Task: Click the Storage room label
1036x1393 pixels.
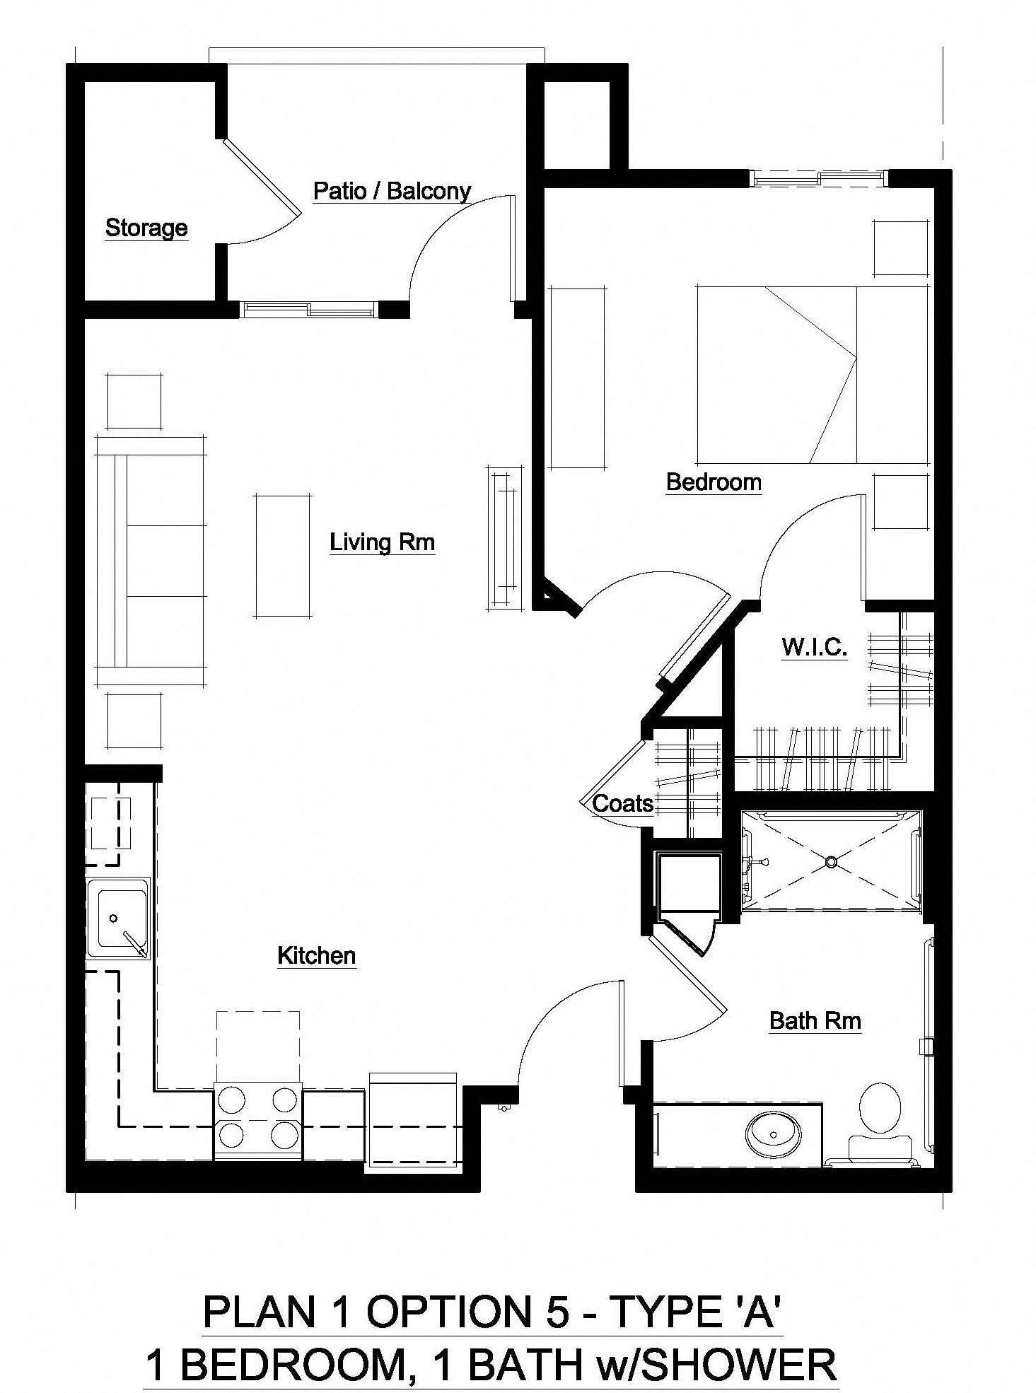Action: click(x=146, y=228)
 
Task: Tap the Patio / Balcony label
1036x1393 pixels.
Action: click(x=392, y=191)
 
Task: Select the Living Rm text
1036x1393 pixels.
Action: click(x=382, y=542)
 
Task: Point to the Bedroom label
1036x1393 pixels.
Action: click(x=714, y=482)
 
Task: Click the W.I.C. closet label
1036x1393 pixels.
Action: click(x=814, y=646)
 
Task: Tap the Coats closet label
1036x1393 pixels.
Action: click(x=622, y=803)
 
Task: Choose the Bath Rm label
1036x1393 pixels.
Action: click(x=815, y=1020)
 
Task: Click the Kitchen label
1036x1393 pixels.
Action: click(x=316, y=955)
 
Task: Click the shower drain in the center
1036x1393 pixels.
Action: click(x=831, y=861)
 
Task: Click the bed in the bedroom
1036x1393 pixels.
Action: click(x=811, y=375)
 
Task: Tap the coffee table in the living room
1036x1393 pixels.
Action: click(x=282, y=556)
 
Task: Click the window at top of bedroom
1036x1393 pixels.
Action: click(x=818, y=177)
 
